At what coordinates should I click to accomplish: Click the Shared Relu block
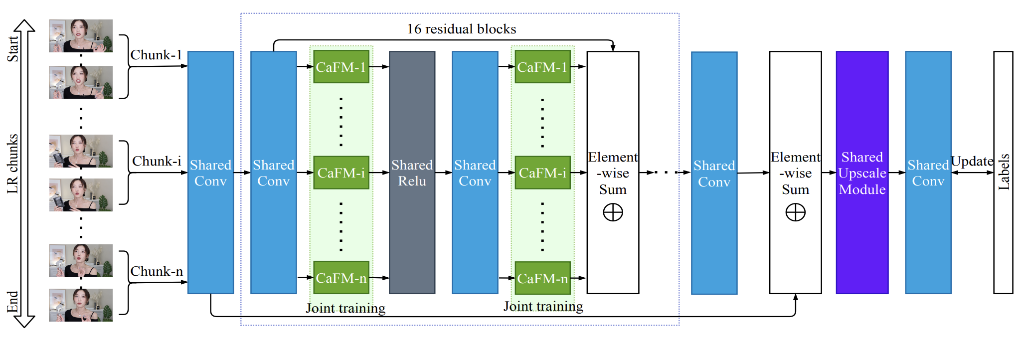[412, 173]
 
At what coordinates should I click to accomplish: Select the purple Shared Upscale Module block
[862, 173]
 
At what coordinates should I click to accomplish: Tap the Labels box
[1003, 173]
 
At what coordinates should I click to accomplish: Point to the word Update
[972, 162]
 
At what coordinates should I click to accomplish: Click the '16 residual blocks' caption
[461, 29]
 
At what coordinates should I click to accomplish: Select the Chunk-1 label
[156, 55]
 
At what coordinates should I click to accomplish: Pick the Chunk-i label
[157, 161]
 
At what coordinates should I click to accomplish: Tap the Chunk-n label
[157, 271]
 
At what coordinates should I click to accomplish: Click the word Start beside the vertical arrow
[13, 48]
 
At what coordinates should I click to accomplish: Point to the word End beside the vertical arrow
[13, 302]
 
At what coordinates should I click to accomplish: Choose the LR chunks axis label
[13, 164]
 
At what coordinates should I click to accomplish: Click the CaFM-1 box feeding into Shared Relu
[341, 67]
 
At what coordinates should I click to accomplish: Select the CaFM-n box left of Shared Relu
[341, 278]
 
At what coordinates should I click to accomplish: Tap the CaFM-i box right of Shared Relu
[542, 173]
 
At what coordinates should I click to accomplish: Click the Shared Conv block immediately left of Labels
[928, 173]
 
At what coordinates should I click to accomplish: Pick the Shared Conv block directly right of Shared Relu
[475, 173]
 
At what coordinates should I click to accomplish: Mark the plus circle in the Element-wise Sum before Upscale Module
[795, 212]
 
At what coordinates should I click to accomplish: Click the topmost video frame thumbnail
[81, 36]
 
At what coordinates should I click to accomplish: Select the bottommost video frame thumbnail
[81, 305]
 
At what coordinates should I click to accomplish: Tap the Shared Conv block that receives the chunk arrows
[210, 173]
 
